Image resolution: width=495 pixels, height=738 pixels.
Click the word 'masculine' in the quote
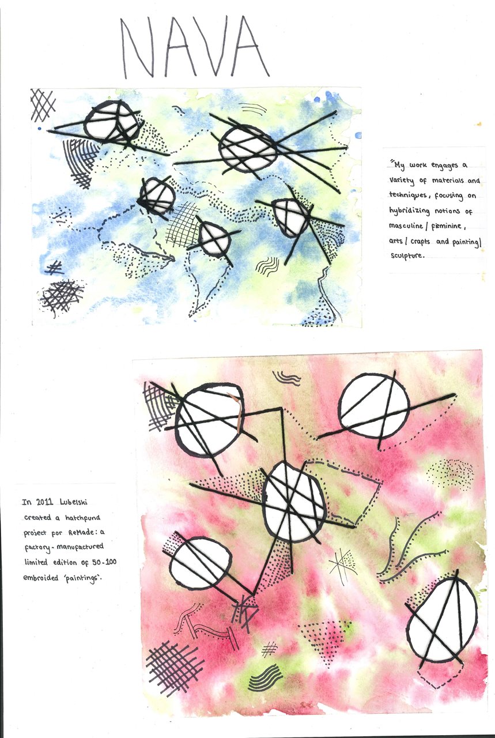[406, 226]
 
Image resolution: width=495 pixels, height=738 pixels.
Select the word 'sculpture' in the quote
[406, 255]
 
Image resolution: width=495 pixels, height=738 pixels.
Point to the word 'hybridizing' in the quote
[409, 211]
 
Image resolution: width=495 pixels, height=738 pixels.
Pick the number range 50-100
[104, 562]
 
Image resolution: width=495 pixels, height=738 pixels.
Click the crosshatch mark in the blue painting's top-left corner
[43, 105]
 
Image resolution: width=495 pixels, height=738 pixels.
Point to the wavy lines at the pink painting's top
[286, 378]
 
